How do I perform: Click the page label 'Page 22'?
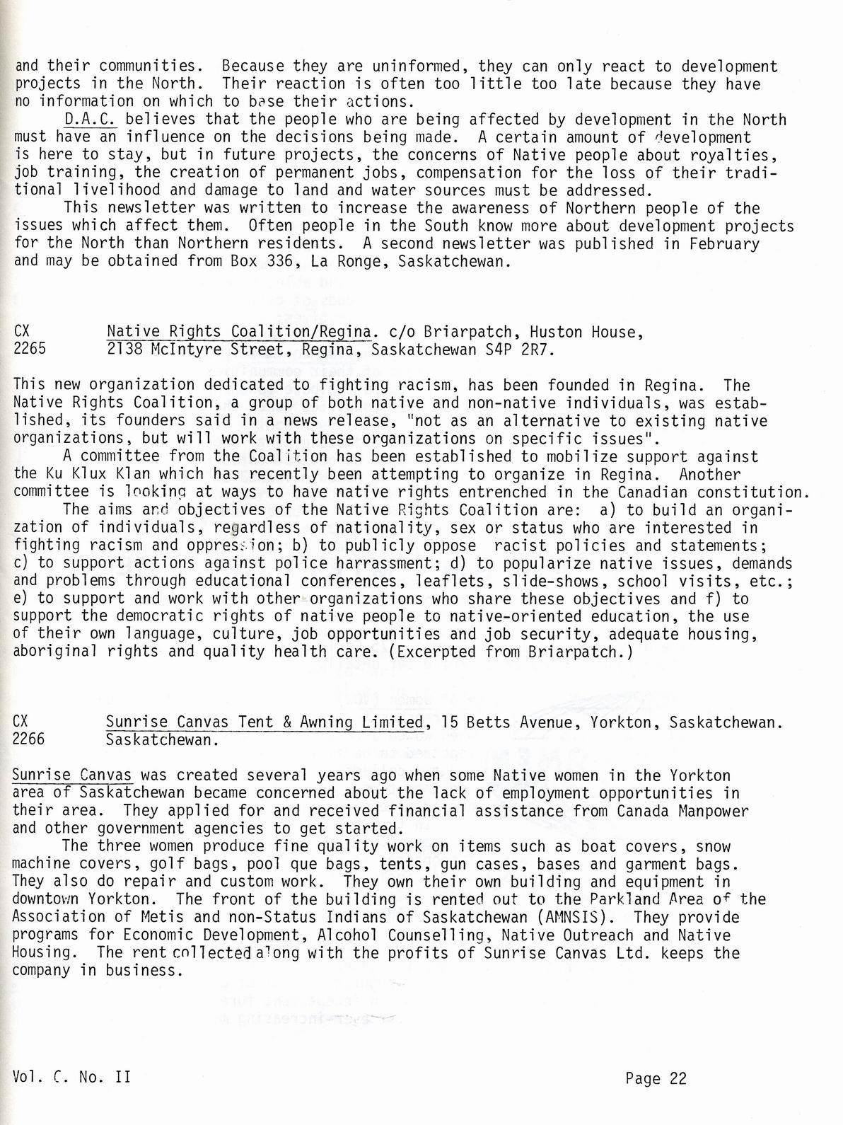(656, 1078)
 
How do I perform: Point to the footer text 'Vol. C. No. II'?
(71, 1078)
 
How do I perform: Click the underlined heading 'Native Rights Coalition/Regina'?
(239, 332)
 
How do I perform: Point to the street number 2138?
(123, 350)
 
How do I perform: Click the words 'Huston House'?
(586, 332)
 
